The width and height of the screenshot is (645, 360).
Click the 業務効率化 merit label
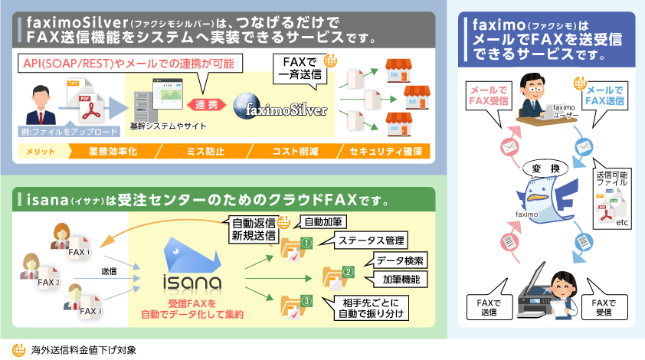[x=111, y=152]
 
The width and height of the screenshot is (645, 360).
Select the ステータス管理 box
[x=362, y=241]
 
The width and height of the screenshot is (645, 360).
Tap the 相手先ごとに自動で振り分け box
[x=367, y=308]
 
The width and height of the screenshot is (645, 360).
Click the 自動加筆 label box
[x=319, y=222]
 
